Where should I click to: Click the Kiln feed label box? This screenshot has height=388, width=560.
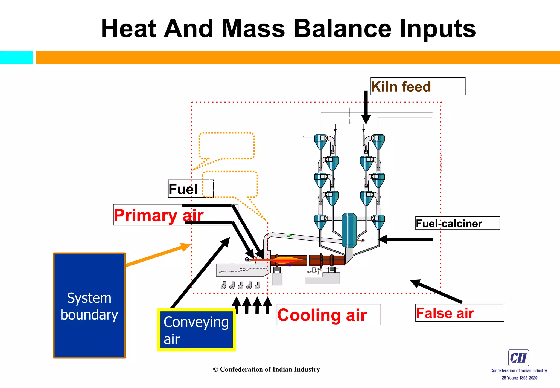pos(417,86)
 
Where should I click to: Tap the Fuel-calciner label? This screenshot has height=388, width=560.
pos(457,223)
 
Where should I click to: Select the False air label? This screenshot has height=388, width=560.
pos(459,313)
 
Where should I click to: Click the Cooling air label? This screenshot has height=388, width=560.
pos(328,315)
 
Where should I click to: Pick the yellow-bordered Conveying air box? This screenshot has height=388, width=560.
pos(196,330)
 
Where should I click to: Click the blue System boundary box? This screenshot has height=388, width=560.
pos(89,305)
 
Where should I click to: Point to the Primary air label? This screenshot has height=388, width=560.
pos(159,215)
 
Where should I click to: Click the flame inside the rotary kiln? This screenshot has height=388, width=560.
pos(288,260)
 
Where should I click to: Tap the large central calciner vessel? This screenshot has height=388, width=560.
pos(349,230)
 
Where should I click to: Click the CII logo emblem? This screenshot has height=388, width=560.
pos(518,358)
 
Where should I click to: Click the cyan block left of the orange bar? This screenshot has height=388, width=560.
pos(16,57)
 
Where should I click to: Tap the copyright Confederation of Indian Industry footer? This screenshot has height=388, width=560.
pos(266,369)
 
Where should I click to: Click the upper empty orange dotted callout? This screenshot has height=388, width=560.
pos(227,146)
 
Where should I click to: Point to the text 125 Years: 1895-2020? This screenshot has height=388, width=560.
pos(518,378)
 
